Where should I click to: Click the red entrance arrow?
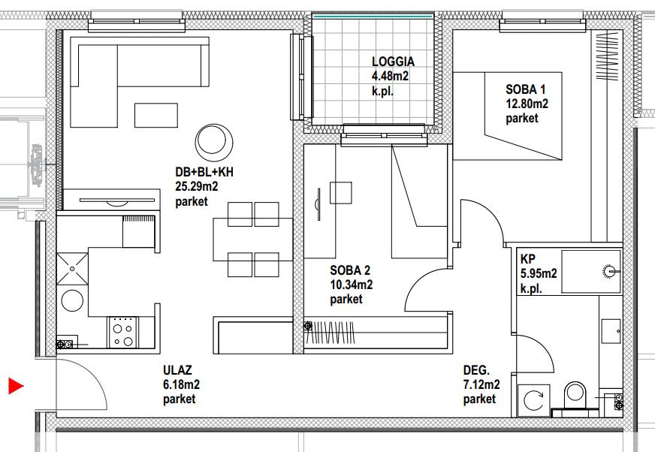[16, 386]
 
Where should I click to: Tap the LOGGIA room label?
[393, 62]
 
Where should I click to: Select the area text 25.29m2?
[197, 186]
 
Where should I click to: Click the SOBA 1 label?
[526, 89]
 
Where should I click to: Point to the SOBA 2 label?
[350, 270]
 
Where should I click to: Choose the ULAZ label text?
[177, 370]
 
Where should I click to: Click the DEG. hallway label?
[476, 370]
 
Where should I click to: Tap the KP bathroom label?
[527, 259]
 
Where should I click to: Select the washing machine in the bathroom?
[533, 401]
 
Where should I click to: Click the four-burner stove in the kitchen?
[123, 333]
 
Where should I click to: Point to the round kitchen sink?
[72, 300]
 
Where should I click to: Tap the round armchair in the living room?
[214, 143]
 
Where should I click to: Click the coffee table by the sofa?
[155, 116]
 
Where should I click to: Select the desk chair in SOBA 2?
[340, 192]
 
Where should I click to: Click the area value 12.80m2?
[527, 104]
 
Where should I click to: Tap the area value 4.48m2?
[390, 76]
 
